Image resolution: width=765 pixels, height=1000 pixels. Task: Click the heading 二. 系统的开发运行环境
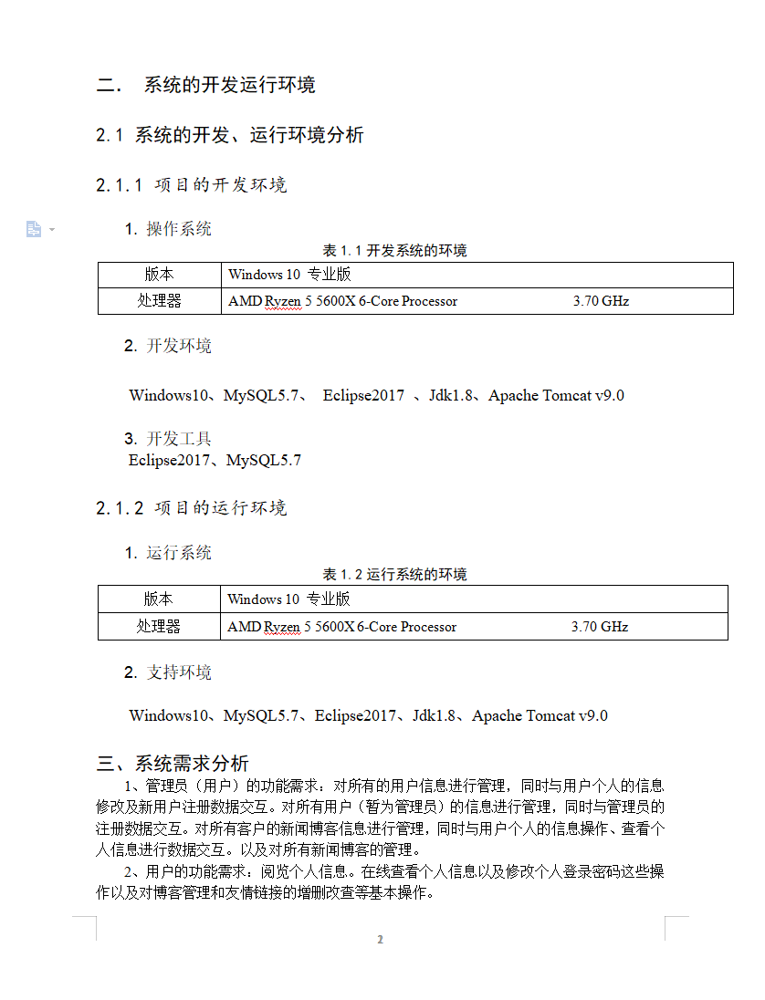pos(206,86)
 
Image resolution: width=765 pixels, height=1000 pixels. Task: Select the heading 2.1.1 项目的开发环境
pos(192,185)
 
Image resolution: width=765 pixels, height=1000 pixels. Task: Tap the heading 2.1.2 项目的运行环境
pos(192,508)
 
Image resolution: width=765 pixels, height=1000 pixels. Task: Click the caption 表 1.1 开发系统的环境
pos(394,250)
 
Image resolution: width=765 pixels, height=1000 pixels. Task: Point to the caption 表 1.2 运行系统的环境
pos(394,574)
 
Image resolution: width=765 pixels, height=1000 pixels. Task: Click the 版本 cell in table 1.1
pos(159,275)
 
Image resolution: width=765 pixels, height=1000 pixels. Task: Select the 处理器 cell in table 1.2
pos(159,627)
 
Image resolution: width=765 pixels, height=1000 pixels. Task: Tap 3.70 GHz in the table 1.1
pos(601,301)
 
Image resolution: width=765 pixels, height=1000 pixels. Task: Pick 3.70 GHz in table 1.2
pos(600,627)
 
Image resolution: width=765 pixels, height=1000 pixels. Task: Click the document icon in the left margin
pos(34,229)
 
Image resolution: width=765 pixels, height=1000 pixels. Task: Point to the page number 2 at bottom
pos(381,940)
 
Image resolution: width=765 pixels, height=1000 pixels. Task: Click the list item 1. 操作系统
pos(169,229)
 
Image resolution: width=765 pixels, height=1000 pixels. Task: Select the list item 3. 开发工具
pos(169,439)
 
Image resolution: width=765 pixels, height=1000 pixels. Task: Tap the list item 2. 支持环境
pos(169,672)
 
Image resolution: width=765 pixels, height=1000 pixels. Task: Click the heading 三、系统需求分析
pos(173,764)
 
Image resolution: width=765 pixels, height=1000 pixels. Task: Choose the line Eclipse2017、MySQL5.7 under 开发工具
pos(215,461)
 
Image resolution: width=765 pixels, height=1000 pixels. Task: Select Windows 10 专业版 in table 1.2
pos(288,599)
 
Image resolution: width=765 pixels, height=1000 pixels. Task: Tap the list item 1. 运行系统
pos(169,553)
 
